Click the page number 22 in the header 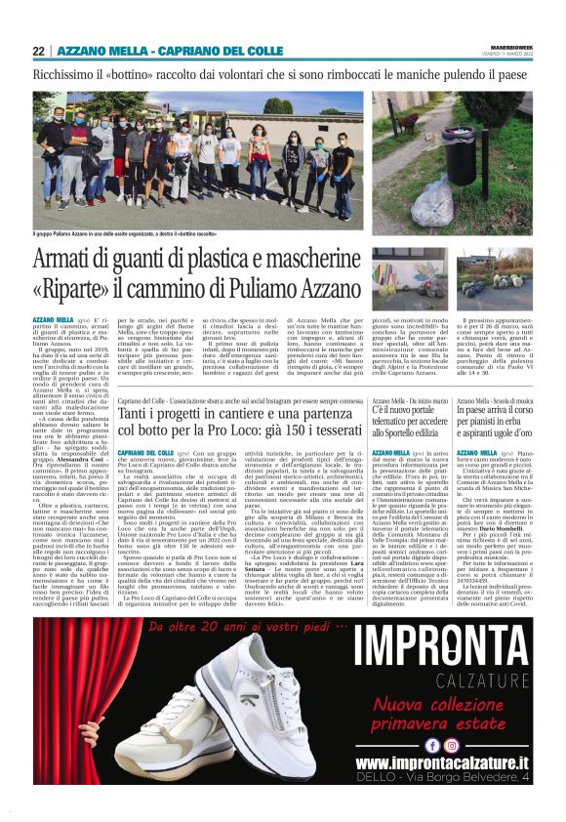[x=38, y=51]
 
